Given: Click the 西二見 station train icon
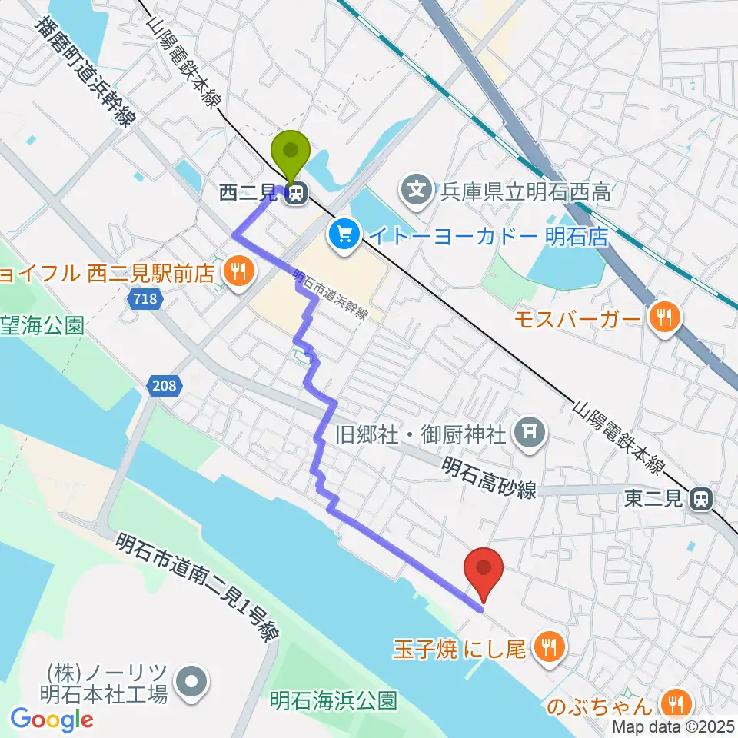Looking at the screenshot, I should pos(294,195).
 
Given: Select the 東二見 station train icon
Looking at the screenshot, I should pos(700,500).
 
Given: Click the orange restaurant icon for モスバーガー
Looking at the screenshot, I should pos(662,317).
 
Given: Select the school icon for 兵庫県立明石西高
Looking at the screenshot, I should pos(417,188).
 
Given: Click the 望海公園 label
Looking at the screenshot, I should pos(42,326).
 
